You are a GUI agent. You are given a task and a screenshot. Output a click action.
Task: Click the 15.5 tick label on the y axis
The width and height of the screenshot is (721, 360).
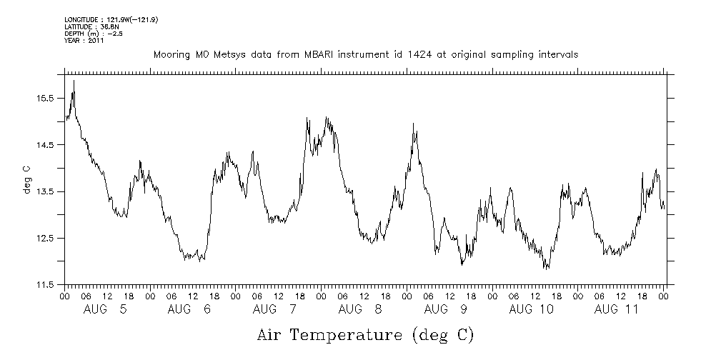point(45,98)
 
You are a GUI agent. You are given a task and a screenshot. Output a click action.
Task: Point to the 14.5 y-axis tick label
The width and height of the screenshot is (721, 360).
point(45,145)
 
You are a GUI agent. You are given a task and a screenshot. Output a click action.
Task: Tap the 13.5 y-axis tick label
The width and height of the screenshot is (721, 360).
point(45,191)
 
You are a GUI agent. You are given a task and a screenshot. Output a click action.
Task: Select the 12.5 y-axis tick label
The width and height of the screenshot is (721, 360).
point(45,238)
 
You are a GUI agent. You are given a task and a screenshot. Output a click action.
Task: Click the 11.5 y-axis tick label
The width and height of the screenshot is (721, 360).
point(45,285)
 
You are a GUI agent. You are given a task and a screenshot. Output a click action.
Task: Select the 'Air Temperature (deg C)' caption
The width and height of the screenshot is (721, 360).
point(365,334)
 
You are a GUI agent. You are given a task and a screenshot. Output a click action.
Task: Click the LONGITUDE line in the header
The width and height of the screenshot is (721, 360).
point(111,19)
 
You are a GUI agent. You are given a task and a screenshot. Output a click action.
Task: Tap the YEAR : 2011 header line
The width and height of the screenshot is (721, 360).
point(84,41)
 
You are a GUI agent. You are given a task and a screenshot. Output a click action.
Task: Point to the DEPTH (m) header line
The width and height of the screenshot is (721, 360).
point(94,34)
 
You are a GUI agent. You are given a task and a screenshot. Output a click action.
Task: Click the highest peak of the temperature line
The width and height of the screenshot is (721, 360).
point(74,81)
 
